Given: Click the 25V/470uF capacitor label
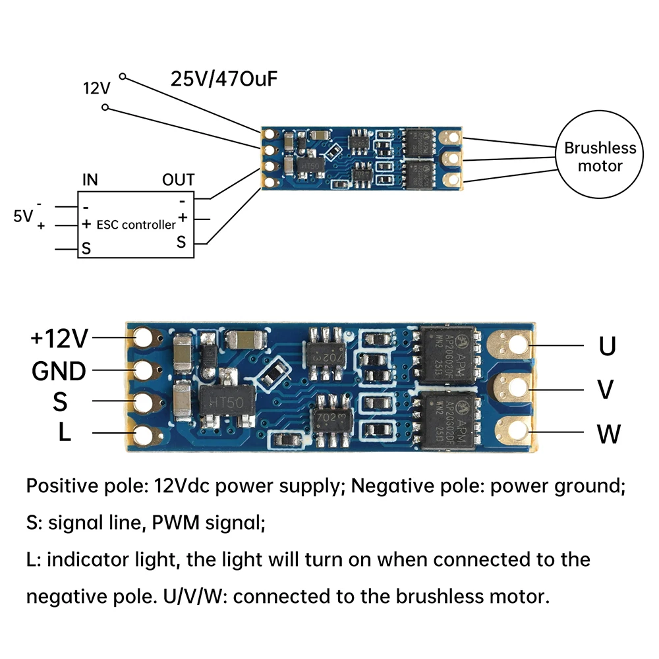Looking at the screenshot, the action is (224, 79).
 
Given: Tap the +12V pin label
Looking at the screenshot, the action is (59, 338).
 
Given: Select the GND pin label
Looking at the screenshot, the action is (59, 371).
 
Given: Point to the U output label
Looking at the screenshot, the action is (607, 347).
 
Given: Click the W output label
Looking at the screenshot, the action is (608, 434).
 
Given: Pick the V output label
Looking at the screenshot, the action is (605, 389).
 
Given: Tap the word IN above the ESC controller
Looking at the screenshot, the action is (90, 180).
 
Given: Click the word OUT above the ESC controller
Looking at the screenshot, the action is (178, 180).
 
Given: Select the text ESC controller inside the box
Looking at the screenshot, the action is (136, 225).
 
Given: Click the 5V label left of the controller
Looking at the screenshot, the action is (22, 216).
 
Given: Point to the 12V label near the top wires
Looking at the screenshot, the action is (97, 88).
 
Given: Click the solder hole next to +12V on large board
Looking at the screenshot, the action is (143, 338).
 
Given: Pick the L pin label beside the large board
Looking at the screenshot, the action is (65, 432).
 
